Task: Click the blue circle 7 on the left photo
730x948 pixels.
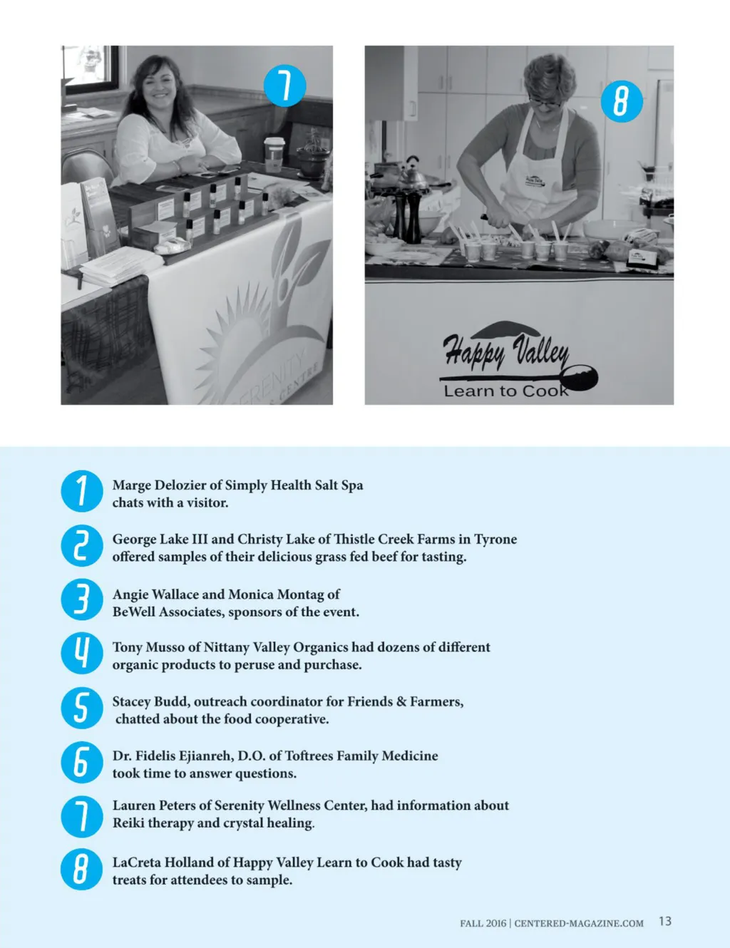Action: [x=284, y=86]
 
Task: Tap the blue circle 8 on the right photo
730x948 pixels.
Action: [x=622, y=101]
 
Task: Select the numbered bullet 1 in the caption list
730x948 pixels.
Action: [x=82, y=491]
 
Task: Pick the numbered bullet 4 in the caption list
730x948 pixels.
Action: [x=82, y=653]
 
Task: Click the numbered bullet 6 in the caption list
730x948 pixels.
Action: [x=82, y=762]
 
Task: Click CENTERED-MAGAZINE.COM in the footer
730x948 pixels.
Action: [x=579, y=924]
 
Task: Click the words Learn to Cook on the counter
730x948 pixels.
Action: [x=506, y=391]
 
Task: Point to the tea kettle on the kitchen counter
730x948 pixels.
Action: [x=411, y=174]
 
